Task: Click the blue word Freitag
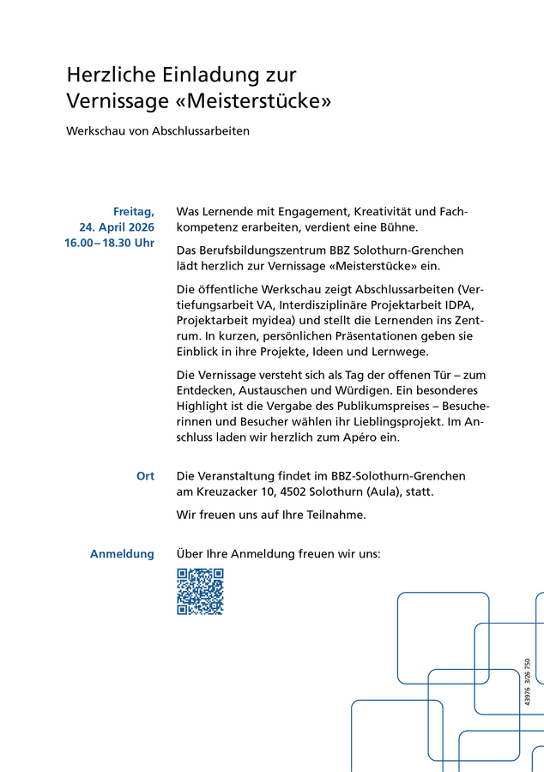tap(134, 211)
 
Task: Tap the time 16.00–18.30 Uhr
tap(110, 243)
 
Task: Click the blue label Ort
tap(145, 476)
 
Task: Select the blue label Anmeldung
tap(122, 554)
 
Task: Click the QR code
tap(200, 592)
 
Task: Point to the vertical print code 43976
tap(527, 695)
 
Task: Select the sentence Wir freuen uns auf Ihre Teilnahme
tap(271, 515)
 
